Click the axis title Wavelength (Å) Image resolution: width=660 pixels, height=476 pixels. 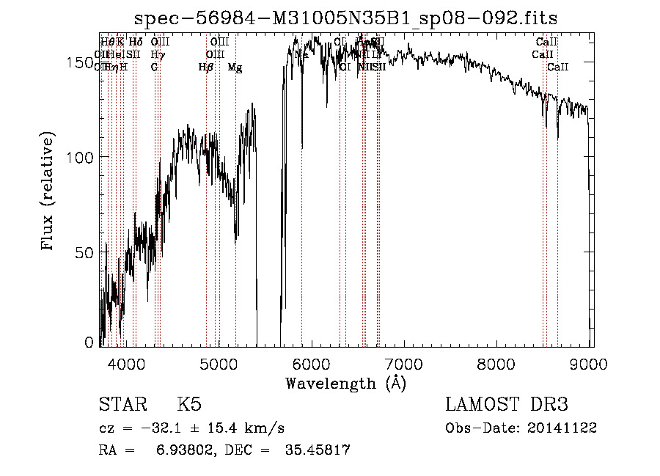pos(345,383)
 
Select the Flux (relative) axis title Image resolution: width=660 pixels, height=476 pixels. pos(49,192)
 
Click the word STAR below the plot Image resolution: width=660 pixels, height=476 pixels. pos(121,406)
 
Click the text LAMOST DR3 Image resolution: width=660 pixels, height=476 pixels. pos(507,406)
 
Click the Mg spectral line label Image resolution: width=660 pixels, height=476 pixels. pos(235,67)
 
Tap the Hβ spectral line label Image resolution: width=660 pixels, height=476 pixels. pos(206,67)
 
